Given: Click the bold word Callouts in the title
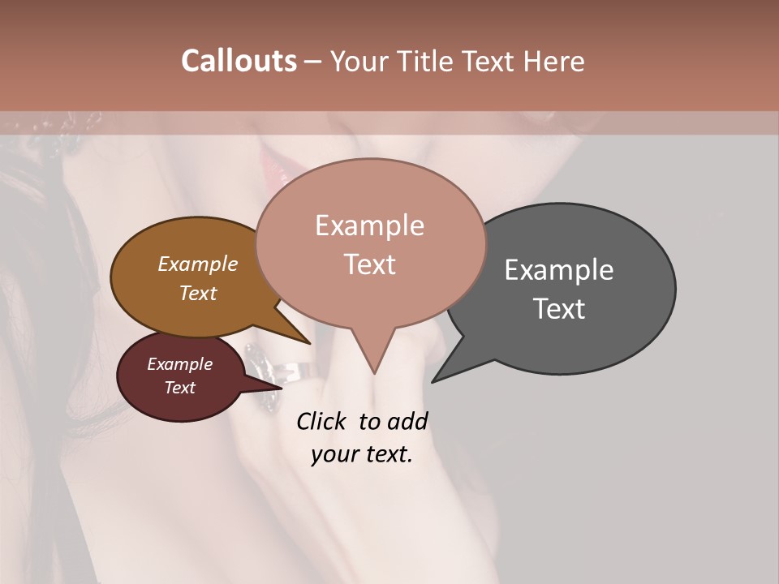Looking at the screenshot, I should [239, 61].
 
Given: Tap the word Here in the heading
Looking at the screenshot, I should [553, 61].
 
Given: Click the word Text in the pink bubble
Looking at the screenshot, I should [369, 264].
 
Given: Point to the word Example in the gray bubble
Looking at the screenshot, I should [559, 269].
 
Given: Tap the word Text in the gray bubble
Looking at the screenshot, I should [559, 308].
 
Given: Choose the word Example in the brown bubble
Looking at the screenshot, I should [198, 264].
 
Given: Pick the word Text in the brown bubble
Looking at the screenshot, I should [198, 293].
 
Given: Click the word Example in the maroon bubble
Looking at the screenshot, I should [179, 364].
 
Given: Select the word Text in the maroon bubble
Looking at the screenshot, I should [179, 388].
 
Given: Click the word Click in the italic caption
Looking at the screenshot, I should [321, 421].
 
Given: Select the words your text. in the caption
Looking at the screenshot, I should [362, 454].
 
